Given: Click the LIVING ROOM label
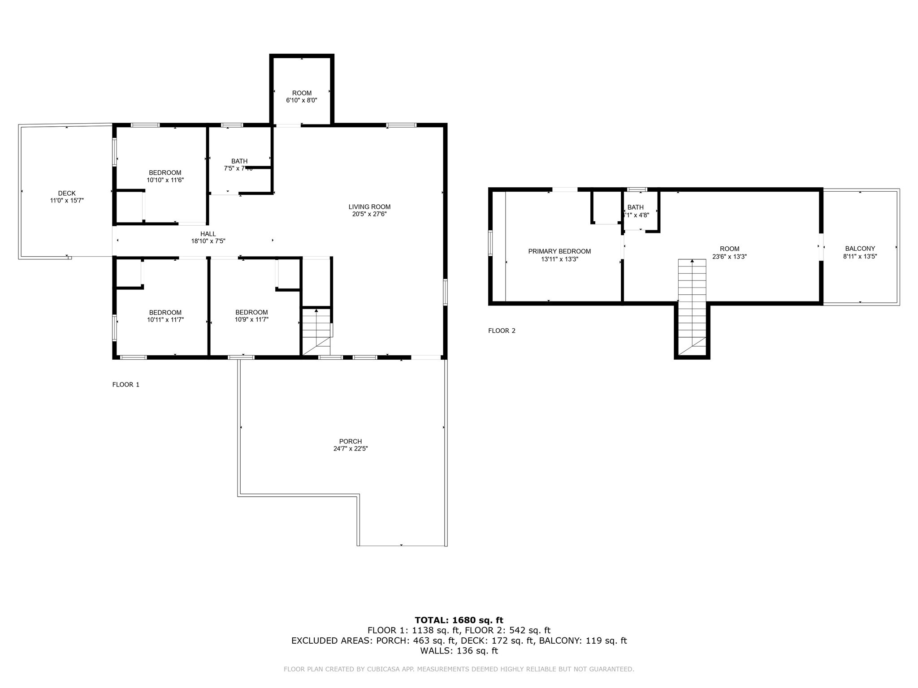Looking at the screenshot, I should (x=369, y=207).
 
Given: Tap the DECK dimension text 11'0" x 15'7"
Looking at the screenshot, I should (x=67, y=201).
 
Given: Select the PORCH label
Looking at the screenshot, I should (x=351, y=441).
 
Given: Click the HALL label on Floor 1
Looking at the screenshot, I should (x=208, y=234).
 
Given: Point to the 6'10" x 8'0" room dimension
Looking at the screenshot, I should (x=302, y=100).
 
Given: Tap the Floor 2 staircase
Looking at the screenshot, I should (x=692, y=305).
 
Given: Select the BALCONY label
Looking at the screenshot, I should (x=860, y=249).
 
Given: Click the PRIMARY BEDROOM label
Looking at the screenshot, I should (x=559, y=251).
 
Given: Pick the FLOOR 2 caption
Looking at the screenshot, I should (x=502, y=331).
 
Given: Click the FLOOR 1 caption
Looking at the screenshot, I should (x=126, y=384).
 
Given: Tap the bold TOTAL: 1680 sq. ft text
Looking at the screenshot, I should (x=459, y=620).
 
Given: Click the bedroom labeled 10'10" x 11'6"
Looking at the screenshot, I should (x=165, y=176).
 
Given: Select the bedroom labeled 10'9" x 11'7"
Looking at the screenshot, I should (x=251, y=316).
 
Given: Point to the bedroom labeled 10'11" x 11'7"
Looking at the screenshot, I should (x=165, y=316).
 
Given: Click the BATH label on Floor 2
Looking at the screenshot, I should (x=635, y=207).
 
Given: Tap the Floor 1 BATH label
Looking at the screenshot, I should (x=239, y=161).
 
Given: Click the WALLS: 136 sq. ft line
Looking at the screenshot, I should (x=459, y=651).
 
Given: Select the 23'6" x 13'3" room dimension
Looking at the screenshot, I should (x=729, y=257).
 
